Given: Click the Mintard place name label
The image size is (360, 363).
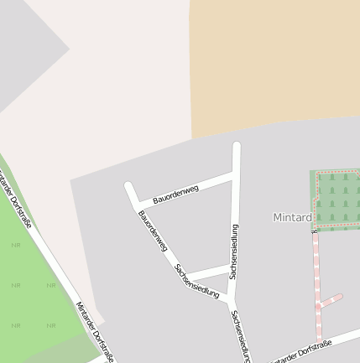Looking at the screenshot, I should (x=292, y=217).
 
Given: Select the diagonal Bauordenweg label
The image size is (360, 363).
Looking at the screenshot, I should (x=154, y=231).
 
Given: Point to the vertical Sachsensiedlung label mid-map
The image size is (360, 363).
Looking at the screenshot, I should (x=234, y=252).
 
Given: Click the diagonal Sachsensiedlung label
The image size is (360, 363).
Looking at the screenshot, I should (x=197, y=282).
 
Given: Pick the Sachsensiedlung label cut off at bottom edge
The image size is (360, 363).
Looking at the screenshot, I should (x=241, y=335).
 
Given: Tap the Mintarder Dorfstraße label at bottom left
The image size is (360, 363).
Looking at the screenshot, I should (x=95, y=332).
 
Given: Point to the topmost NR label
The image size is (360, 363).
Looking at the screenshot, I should (x=15, y=245).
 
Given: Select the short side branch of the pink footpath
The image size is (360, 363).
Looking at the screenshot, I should (x=331, y=300).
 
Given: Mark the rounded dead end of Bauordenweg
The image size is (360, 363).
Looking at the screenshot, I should (x=129, y=187).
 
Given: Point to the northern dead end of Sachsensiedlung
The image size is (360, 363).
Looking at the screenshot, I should (x=237, y=148).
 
